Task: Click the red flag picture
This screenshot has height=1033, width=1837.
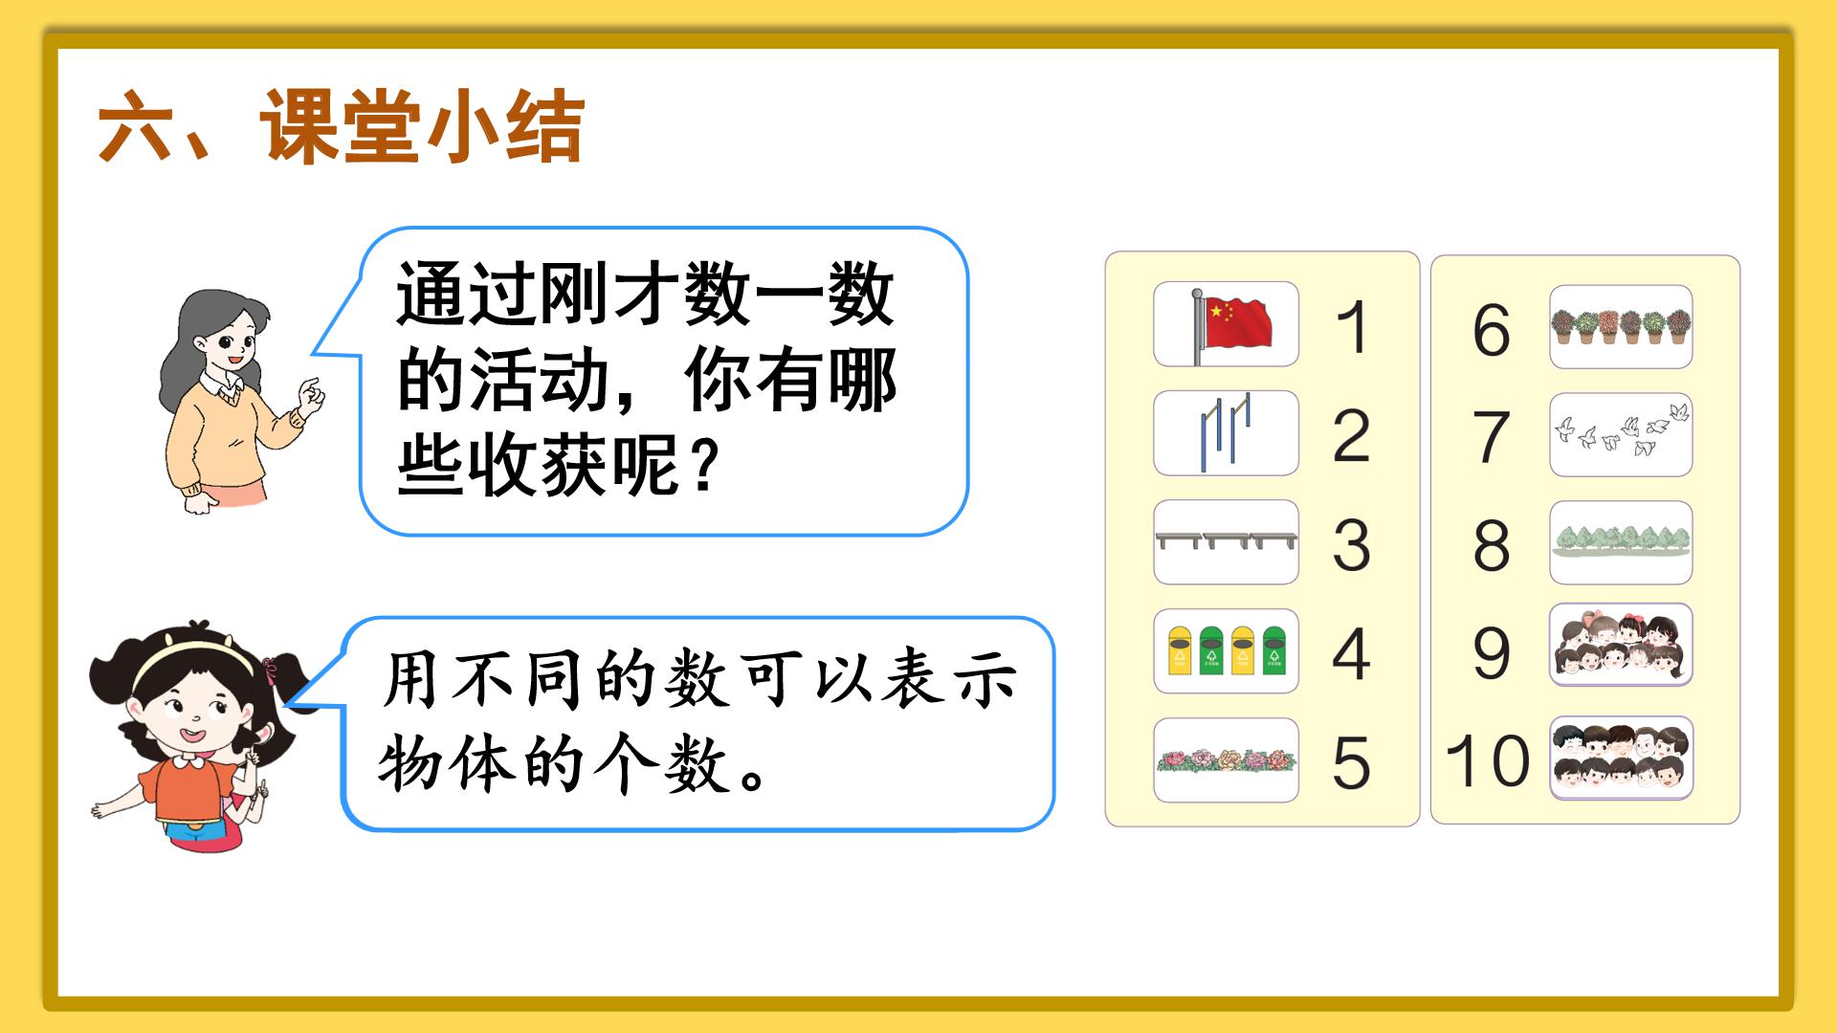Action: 1226,323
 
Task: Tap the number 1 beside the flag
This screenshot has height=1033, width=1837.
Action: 1352,327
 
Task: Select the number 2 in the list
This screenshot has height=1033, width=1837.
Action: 1351,436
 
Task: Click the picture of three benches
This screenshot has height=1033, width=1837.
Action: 1226,541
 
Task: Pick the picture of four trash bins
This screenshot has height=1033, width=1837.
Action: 1226,650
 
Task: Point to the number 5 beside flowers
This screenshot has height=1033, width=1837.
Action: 1351,763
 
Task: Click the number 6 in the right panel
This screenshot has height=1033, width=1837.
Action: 1491,330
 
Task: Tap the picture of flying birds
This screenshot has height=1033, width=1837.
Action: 1621,434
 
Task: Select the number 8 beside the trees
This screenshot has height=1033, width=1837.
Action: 1491,545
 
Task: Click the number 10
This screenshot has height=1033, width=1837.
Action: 1487,761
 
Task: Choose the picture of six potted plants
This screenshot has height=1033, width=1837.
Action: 1621,326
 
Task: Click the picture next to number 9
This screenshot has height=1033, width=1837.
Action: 1621,645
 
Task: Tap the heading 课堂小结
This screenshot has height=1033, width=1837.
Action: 421,126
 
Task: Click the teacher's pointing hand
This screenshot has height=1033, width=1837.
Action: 310,395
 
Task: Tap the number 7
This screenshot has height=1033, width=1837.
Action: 1491,437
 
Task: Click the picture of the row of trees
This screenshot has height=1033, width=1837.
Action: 1621,541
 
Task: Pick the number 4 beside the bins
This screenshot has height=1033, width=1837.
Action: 1351,654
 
